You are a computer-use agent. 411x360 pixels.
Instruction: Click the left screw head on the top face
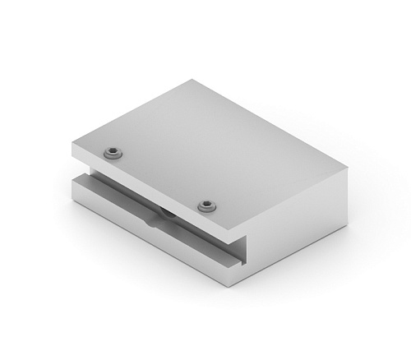tap(113, 152)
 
